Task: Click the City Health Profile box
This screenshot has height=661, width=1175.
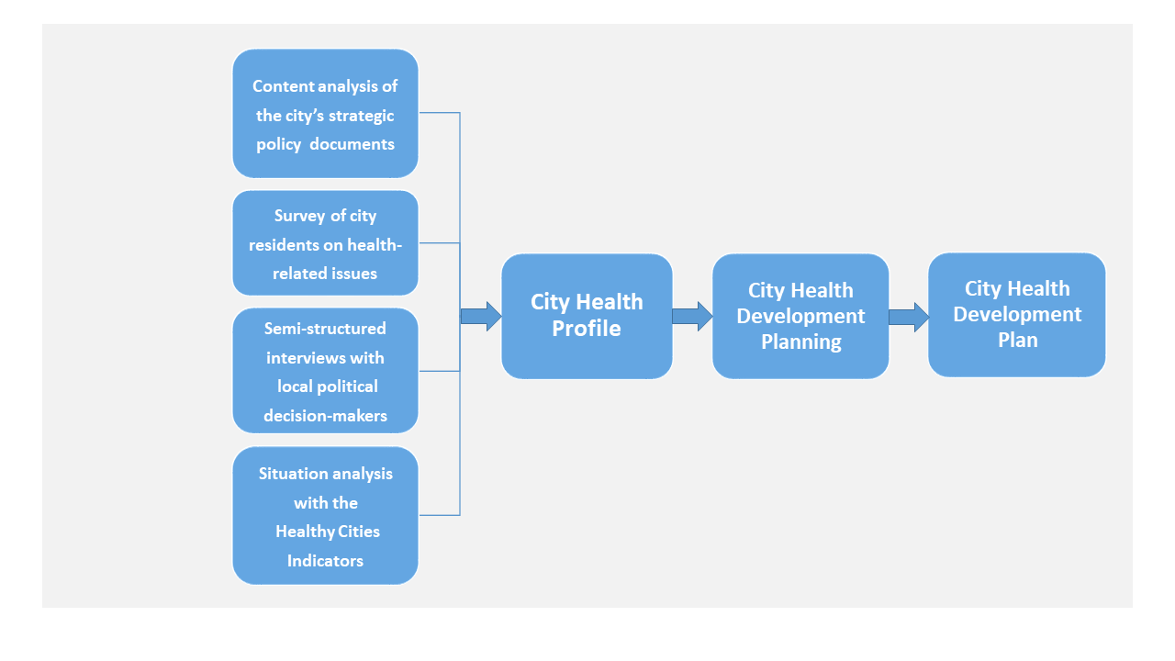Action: pyautogui.click(x=587, y=317)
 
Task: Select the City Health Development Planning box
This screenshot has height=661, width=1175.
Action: pyautogui.click(x=800, y=317)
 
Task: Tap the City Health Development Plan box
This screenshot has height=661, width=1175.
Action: pyautogui.click(x=1016, y=315)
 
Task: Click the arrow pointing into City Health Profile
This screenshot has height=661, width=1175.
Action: pyautogui.click(x=481, y=317)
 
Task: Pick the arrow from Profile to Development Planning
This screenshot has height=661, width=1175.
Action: pyautogui.click(x=692, y=317)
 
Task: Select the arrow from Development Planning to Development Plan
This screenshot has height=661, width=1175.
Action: pyautogui.click(x=909, y=317)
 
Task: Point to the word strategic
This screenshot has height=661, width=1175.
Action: pyautogui.click(x=361, y=116)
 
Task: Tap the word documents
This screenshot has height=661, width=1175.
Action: pyautogui.click(x=352, y=144)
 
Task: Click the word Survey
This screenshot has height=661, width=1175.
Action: pyautogui.click(x=299, y=216)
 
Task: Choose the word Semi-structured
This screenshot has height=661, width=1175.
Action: pyautogui.click(x=325, y=329)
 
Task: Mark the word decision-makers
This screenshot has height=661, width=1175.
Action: pyautogui.click(x=325, y=416)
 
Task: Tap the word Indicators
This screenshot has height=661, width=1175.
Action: pyautogui.click(x=325, y=561)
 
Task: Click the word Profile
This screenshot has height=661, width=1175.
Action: pyautogui.click(x=587, y=329)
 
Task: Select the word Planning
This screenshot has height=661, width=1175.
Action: pyautogui.click(x=801, y=342)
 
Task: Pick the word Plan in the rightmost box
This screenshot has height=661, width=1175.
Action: pyautogui.click(x=1018, y=340)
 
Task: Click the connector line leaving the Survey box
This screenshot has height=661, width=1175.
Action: pyautogui.click(x=440, y=243)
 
